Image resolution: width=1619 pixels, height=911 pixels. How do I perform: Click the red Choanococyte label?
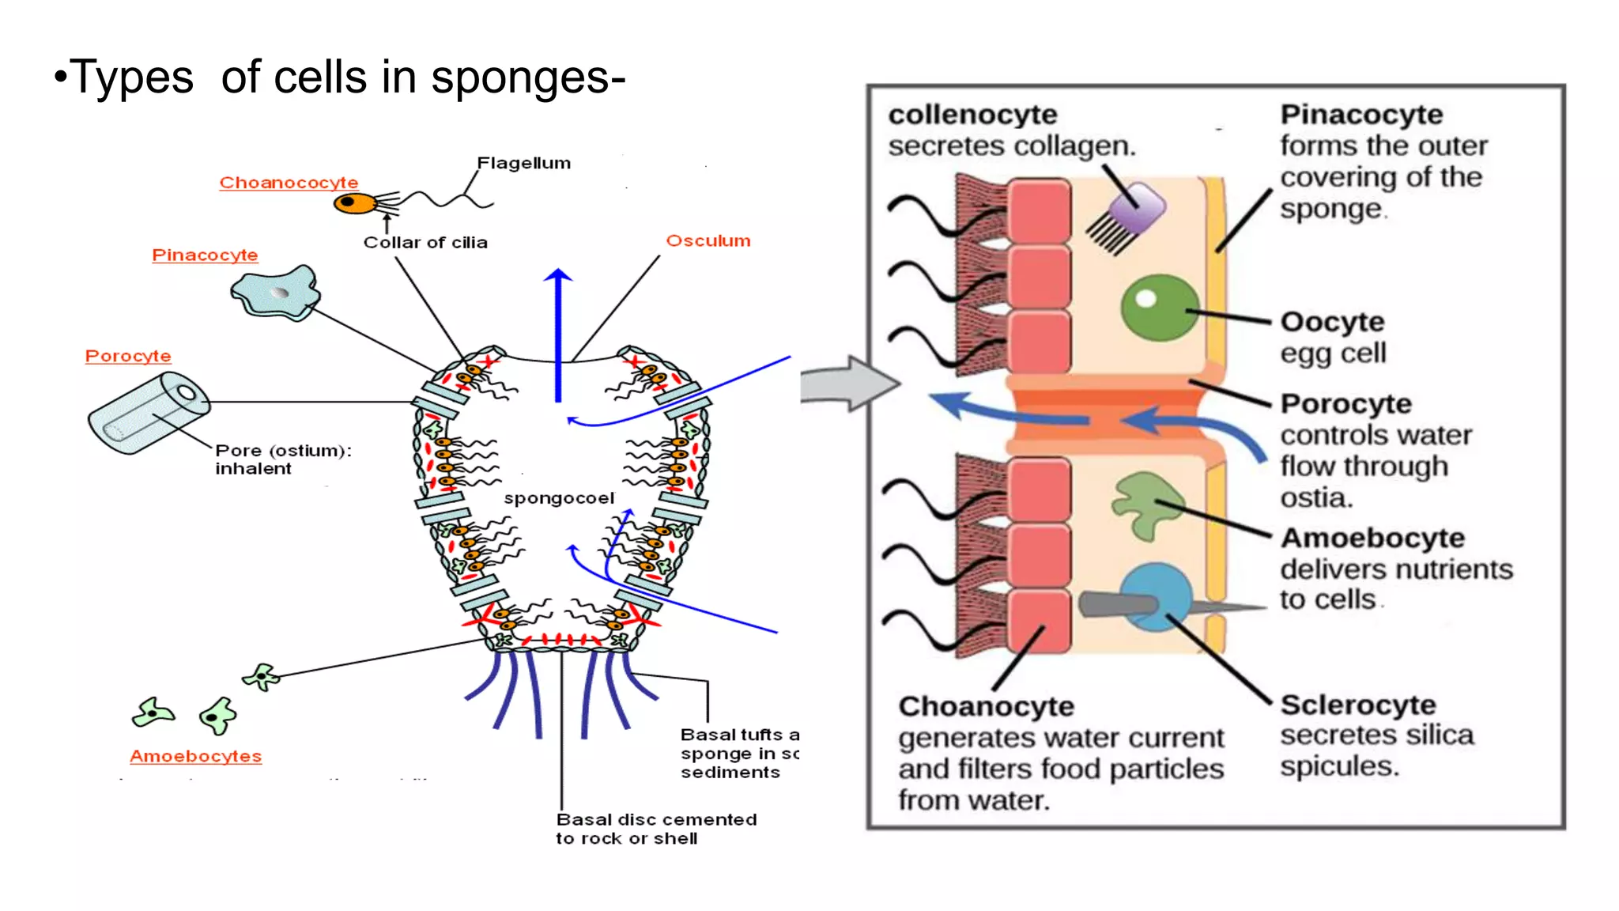289,183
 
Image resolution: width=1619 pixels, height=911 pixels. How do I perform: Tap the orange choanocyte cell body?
353,204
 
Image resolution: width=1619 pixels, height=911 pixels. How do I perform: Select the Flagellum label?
523,163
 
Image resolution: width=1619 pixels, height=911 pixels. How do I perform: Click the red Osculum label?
708,240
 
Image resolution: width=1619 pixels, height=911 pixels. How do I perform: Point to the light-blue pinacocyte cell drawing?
275,293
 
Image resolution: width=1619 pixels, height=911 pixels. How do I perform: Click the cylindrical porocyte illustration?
149,414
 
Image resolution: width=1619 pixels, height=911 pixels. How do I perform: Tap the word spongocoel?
559,498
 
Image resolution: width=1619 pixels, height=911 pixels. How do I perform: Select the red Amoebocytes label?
195,756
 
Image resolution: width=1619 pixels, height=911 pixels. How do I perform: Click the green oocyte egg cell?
1159,308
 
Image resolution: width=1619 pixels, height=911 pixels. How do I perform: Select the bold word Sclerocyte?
1358,704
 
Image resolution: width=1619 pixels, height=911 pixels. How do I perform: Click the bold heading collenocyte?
972,115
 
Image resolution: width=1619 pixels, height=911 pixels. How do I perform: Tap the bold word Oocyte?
1332,322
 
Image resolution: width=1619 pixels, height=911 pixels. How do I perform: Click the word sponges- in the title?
528,77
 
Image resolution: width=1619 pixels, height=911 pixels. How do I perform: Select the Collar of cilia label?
425,243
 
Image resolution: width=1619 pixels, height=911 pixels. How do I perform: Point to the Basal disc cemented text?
656,820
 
